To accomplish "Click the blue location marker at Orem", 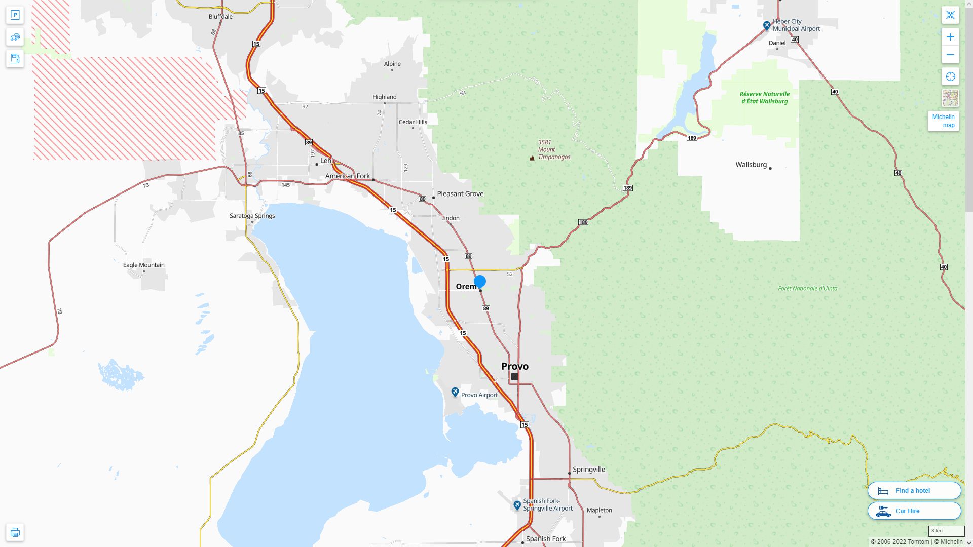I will pos(479,281).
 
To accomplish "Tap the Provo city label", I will pos(514,366).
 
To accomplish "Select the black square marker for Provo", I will pos(514,376).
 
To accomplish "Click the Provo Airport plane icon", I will pos(455,393).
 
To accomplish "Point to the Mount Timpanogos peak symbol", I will pos(532,158).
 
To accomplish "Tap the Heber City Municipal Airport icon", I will pos(767,25).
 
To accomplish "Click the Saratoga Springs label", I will pos(252,216).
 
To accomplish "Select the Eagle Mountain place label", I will pos(143,265).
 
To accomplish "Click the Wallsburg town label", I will pos(751,165).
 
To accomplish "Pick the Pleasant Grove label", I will pos(460,194).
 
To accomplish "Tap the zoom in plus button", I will pos(950,37).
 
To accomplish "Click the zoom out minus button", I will pos(950,55).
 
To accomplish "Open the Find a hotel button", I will pos(914,490).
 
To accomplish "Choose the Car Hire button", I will pos(914,511).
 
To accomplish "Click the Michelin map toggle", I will pos(943,121).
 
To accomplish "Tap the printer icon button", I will pos(15,532).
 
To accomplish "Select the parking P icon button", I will pos(15,15).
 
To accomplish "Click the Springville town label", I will pos(588,470).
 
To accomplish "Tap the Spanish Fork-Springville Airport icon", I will pos(517,505).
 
